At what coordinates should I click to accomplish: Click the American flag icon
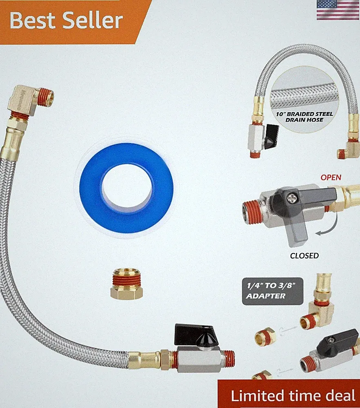338,10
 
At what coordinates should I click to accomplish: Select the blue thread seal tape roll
127,188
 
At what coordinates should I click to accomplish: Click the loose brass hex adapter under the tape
127,284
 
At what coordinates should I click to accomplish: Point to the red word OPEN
331,177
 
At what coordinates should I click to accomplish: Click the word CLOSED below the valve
304,256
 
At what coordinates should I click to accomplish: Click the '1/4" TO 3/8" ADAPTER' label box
273,291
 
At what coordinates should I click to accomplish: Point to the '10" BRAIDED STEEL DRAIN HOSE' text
304,117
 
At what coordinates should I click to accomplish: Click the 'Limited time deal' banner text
293,395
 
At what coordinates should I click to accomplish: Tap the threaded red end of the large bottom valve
228,358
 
